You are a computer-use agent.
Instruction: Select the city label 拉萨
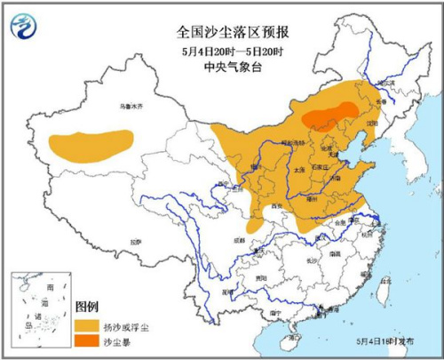pos(135,240)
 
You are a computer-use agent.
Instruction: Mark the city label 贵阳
pos(258,277)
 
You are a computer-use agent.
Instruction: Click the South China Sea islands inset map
pos(41,310)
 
